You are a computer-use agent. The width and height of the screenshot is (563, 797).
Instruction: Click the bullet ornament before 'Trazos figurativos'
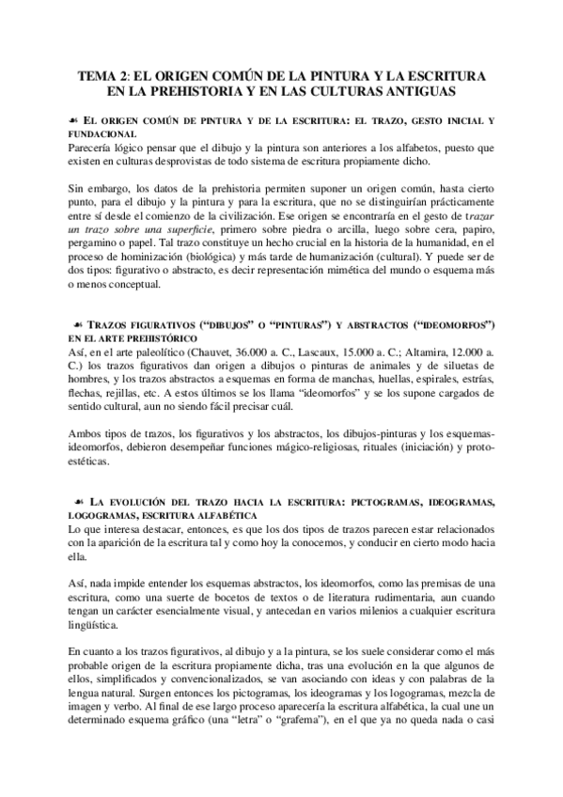click(73, 324)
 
